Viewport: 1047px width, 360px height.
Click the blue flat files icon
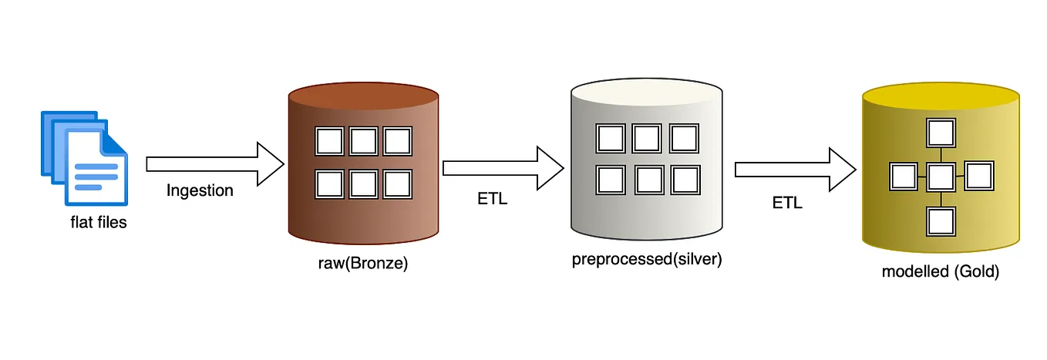[x=85, y=159]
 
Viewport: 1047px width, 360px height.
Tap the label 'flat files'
[x=99, y=222]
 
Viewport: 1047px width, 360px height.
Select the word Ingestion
[x=200, y=190]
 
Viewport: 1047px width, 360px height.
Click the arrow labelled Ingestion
[x=215, y=164]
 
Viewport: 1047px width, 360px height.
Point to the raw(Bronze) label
[x=363, y=263]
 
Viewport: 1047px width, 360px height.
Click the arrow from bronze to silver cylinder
[x=503, y=168]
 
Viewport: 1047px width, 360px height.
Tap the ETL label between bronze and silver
[x=493, y=199]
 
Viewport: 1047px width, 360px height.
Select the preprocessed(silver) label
[x=647, y=259]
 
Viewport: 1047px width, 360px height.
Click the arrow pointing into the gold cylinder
[x=796, y=170]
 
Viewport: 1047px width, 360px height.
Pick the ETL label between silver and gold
[x=787, y=203]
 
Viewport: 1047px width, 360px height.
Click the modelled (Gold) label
[x=941, y=271]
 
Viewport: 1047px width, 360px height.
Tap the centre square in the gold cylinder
[x=941, y=177]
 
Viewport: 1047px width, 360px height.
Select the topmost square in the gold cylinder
[x=941, y=133]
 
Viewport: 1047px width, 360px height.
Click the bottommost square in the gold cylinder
[x=941, y=221]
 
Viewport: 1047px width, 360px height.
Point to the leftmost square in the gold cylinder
[x=904, y=177]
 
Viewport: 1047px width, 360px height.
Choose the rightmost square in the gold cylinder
[x=979, y=177]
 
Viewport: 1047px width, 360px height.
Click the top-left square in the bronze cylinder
[x=329, y=141]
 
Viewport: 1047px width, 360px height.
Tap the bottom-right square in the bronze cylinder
[x=398, y=184]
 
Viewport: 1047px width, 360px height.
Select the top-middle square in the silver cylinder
[x=647, y=139]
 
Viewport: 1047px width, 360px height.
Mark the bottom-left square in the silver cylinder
[x=611, y=180]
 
